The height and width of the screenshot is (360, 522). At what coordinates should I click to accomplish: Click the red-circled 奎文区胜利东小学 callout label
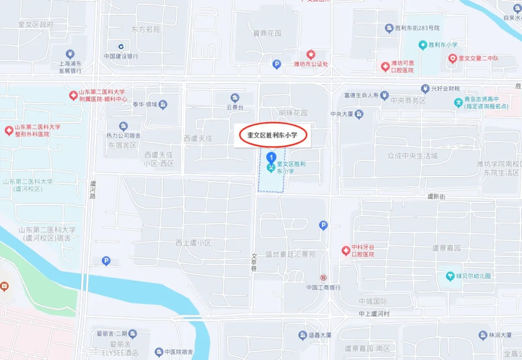click(x=273, y=136)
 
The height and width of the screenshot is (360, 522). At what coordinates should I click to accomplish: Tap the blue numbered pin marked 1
click(x=272, y=157)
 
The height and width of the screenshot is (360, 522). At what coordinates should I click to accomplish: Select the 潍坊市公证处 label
click(x=311, y=63)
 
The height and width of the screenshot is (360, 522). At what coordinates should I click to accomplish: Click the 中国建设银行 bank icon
click(x=121, y=46)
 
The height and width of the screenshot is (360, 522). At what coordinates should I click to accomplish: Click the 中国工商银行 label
click(x=323, y=287)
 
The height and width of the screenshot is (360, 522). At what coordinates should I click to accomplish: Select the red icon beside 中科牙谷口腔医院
click(x=346, y=250)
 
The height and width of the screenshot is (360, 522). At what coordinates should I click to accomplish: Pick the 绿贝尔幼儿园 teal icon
click(x=450, y=276)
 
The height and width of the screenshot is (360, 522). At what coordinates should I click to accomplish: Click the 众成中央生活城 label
click(x=412, y=156)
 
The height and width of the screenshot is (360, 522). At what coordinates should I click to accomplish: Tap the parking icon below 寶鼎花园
click(x=277, y=64)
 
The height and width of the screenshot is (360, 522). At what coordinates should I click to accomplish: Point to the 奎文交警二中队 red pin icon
click(x=452, y=58)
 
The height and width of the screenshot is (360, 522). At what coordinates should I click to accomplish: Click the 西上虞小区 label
click(x=193, y=243)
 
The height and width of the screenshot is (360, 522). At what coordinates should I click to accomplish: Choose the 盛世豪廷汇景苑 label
click(x=290, y=254)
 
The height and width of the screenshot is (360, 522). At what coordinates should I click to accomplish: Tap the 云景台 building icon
click(x=235, y=98)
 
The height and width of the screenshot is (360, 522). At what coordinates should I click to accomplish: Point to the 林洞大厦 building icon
click(x=482, y=335)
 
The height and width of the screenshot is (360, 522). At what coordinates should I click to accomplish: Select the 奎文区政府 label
click(x=36, y=25)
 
